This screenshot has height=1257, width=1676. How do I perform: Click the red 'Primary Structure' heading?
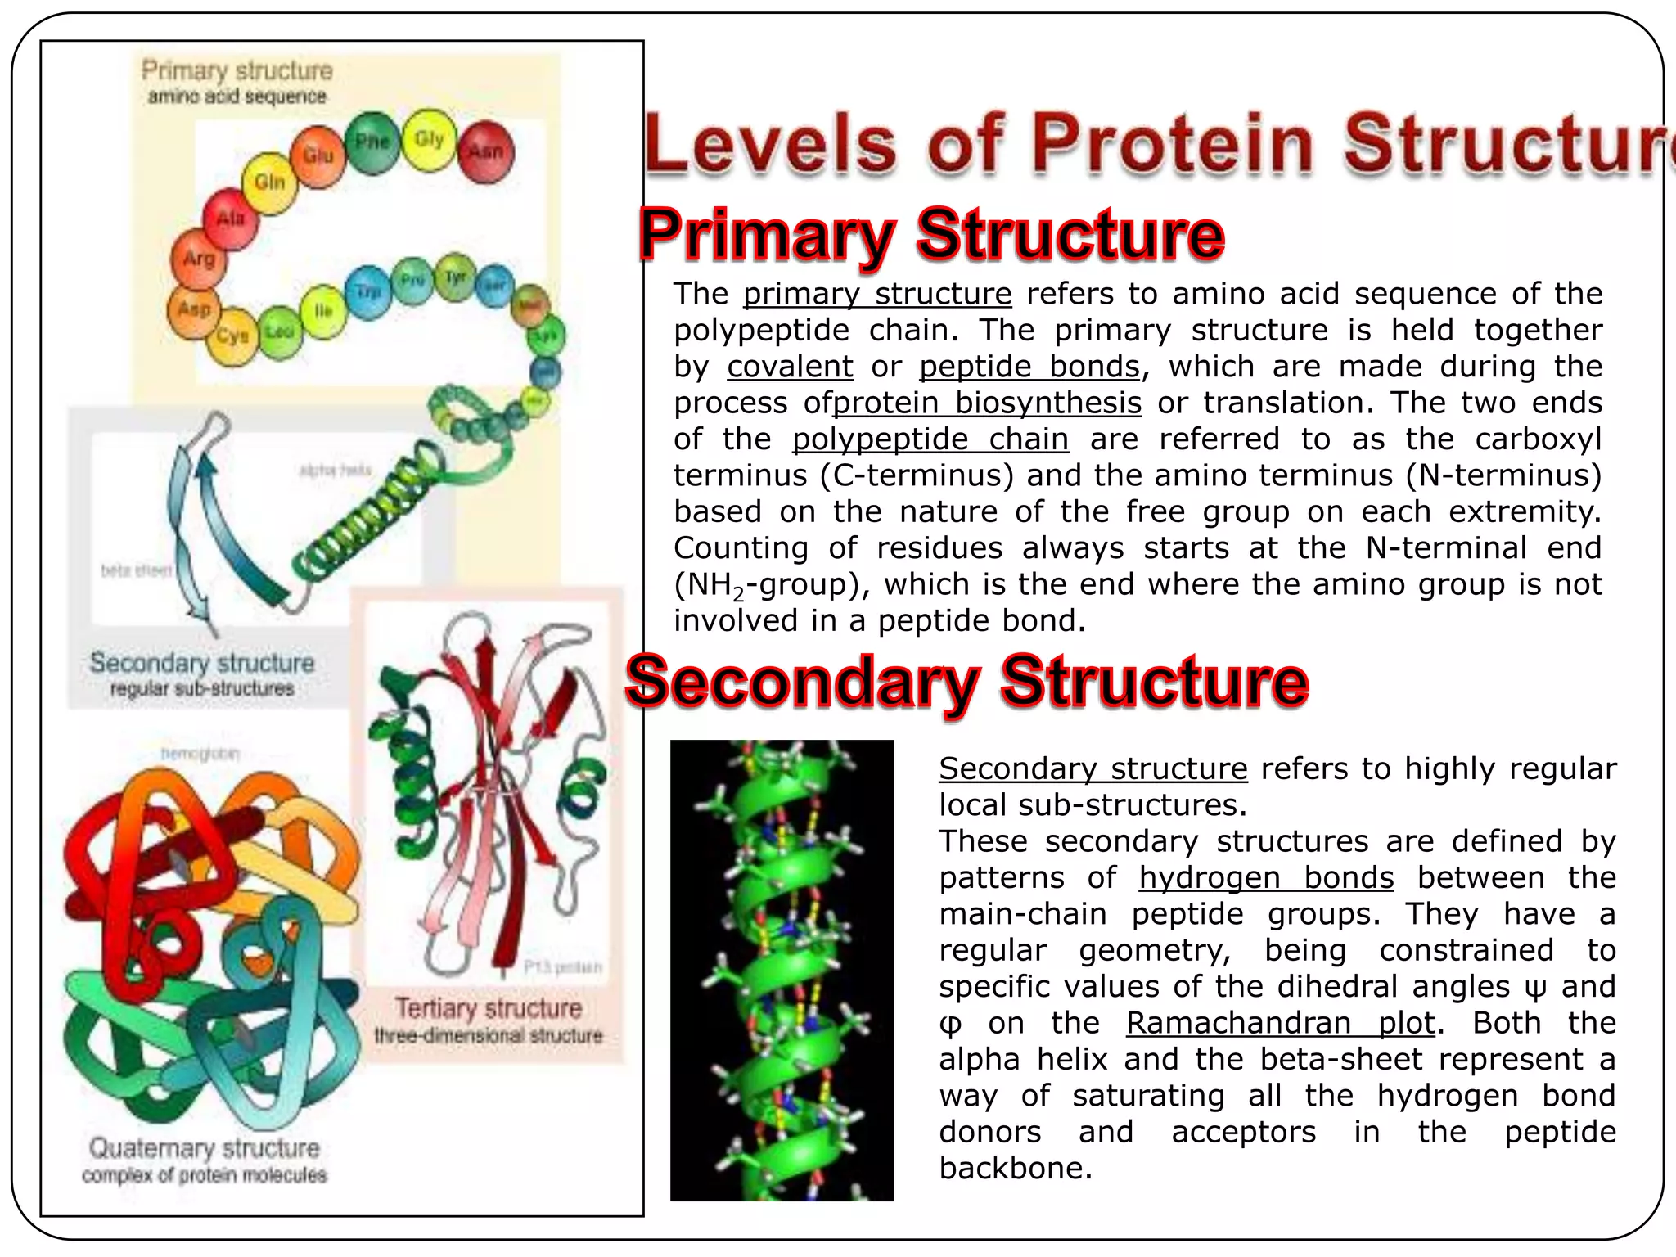(x=931, y=235)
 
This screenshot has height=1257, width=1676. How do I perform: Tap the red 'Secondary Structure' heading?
(x=966, y=681)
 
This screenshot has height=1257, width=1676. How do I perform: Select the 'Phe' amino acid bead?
(x=372, y=143)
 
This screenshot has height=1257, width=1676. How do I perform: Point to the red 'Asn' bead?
(x=485, y=152)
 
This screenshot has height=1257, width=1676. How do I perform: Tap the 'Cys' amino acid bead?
(x=232, y=336)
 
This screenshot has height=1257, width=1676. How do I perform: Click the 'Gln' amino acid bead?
(x=270, y=182)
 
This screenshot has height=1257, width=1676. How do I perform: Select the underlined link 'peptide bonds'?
(x=1029, y=367)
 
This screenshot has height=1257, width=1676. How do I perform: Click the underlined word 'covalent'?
(x=790, y=367)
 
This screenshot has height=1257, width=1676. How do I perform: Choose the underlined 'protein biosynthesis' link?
(x=987, y=403)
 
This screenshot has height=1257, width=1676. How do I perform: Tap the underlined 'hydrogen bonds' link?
(x=1266, y=878)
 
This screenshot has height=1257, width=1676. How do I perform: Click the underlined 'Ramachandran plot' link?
(x=1280, y=1023)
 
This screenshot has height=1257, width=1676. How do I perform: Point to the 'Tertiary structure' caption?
(x=489, y=1008)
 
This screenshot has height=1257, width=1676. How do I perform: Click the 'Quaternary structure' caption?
(x=205, y=1148)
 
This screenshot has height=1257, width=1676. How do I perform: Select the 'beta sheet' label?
(x=136, y=570)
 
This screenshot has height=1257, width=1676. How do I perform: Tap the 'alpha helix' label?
(x=335, y=470)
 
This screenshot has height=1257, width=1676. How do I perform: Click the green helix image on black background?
(x=782, y=970)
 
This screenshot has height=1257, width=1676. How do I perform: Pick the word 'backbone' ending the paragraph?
(x=1015, y=1169)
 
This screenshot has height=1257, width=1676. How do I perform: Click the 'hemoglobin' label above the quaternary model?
(x=200, y=754)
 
